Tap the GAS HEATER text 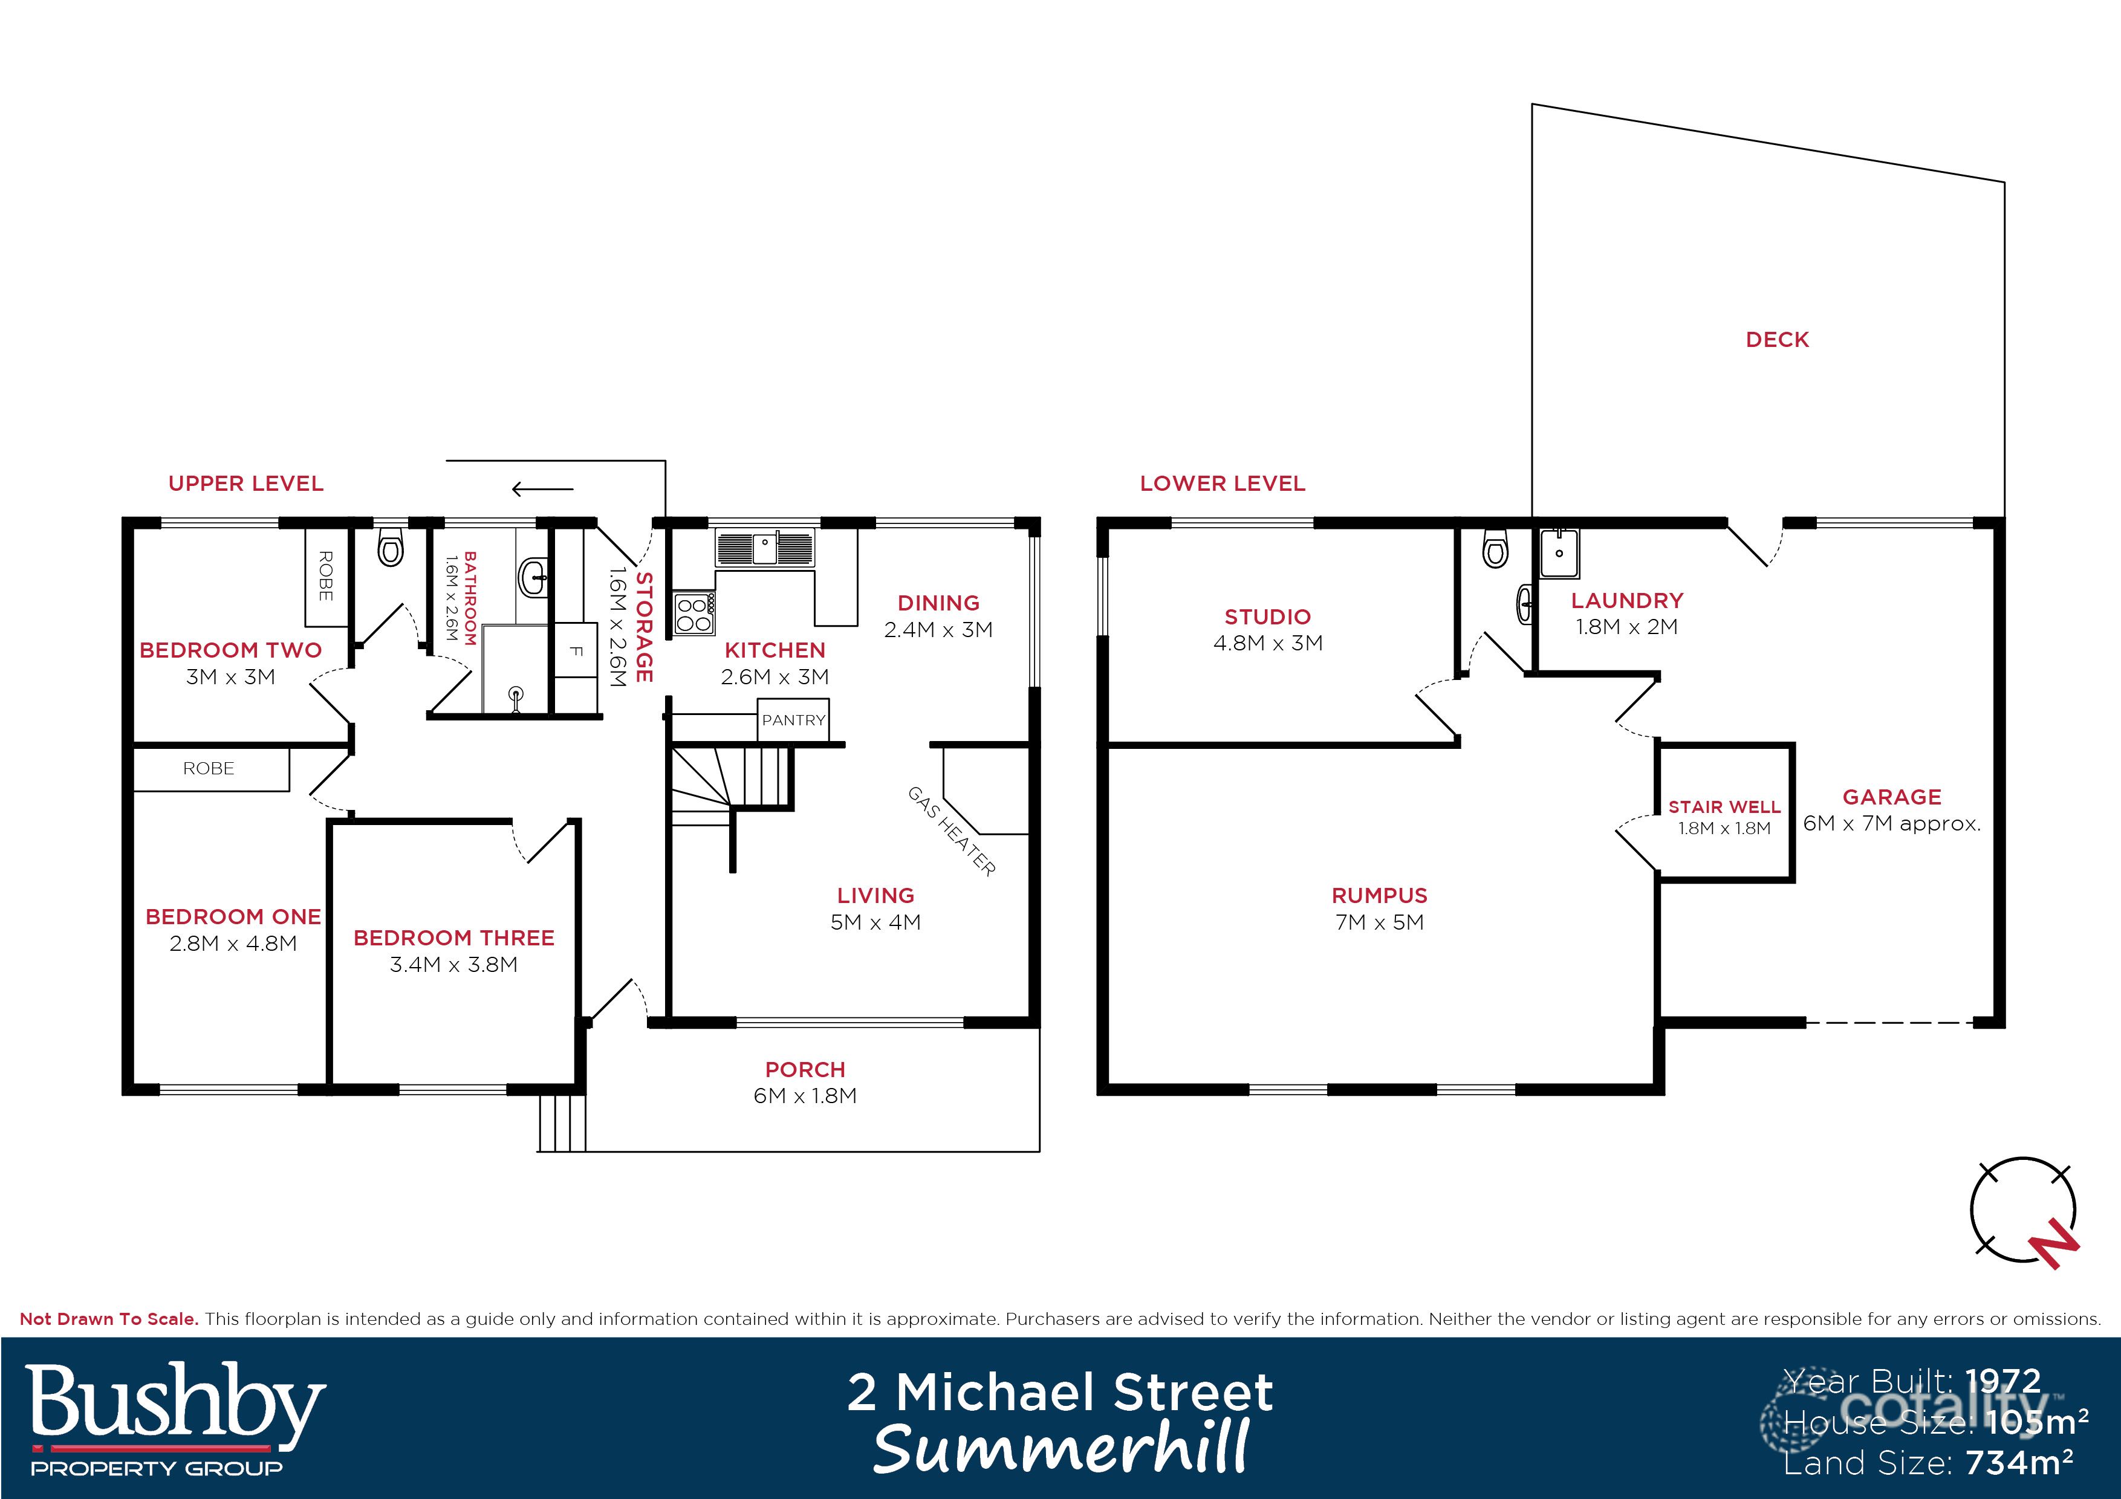[x=952, y=830]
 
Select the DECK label [x=1776, y=340]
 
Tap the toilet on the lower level [x=1494, y=551]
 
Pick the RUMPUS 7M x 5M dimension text [x=1379, y=922]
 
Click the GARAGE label [x=1891, y=796]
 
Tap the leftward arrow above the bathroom [x=542, y=490]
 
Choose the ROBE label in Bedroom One [x=209, y=768]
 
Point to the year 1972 [x=2002, y=1382]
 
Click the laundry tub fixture [x=1559, y=552]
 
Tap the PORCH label [x=805, y=1069]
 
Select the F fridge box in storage [x=574, y=650]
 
